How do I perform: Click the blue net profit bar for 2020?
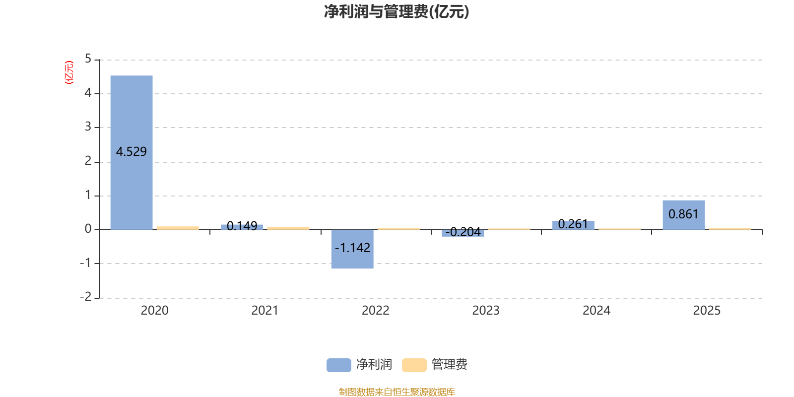click(x=132, y=152)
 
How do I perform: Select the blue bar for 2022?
click(x=352, y=249)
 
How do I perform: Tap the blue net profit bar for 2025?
click(x=684, y=215)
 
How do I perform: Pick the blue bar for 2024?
click(x=573, y=225)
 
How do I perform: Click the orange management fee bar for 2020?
click(x=178, y=228)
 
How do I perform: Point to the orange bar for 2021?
click(x=288, y=228)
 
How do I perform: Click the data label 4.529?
click(x=131, y=152)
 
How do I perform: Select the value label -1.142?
click(x=352, y=248)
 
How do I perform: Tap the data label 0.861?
click(x=683, y=214)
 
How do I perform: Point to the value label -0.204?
click(x=463, y=232)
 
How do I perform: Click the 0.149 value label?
click(x=242, y=226)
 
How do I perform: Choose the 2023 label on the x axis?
click(x=486, y=311)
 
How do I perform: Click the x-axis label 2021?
click(x=265, y=311)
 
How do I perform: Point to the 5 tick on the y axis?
click(x=88, y=59)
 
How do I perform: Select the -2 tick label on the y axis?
click(x=86, y=297)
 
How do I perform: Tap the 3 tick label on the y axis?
click(x=88, y=127)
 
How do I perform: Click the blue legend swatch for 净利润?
click(x=339, y=365)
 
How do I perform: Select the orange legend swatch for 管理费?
click(x=414, y=365)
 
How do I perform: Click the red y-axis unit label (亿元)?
click(x=69, y=72)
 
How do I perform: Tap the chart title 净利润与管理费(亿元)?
click(x=397, y=12)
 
